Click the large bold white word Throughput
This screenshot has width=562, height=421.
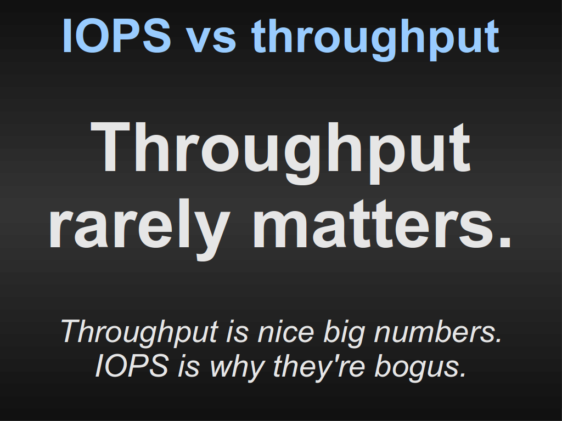(280, 152)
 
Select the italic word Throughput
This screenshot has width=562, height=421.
(140, 333)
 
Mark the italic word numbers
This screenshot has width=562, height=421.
(437, 331)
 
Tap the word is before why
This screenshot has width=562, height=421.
(188, 366)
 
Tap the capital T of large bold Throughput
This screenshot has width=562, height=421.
(110, 146)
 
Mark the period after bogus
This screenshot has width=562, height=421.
(463, 374)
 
